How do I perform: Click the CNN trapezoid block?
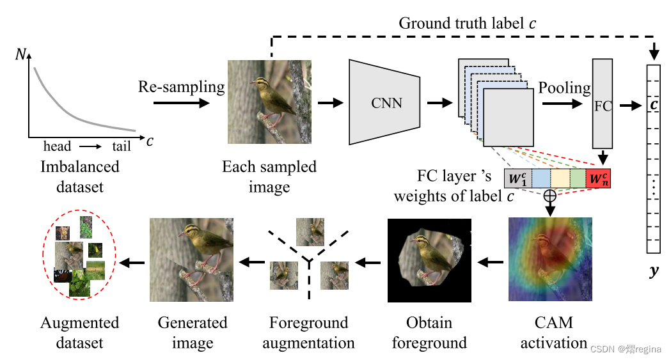click(384, 102)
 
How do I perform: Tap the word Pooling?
click(564, 88)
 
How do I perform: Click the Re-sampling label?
click(182, 87)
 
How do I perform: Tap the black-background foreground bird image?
click(429, 260)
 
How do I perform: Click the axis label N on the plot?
click(21, 56)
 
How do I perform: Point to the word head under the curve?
click(57, 146)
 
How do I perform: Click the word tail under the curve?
click(122, 146)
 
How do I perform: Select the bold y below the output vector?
click(653, 271)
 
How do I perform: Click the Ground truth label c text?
click(468, 24)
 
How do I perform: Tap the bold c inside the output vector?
click(653, 104)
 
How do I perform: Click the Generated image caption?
click(193, 332)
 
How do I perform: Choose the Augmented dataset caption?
click(79, 332)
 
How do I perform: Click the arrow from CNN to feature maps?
click(439, 102)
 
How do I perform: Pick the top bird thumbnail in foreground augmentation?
click(310, 231)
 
